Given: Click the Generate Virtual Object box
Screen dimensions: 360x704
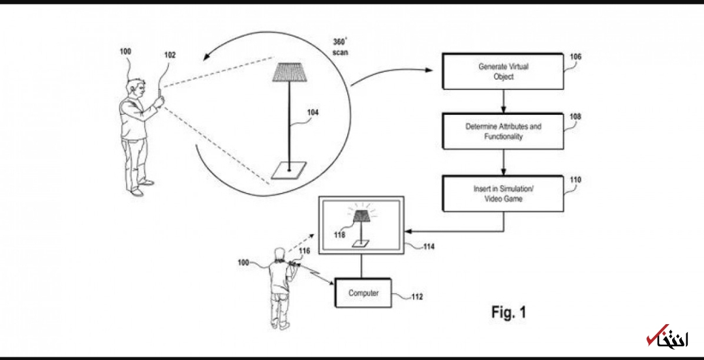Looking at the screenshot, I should tap(503, 71).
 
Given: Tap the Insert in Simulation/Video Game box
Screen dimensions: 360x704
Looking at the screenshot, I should tap(503, 194).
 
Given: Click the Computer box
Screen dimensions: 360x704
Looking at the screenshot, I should tap(363, 293).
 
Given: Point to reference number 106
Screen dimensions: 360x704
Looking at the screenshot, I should tap(575, 57).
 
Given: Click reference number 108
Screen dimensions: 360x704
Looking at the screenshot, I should tap(575, 117).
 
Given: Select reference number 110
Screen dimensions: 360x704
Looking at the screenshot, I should tap(575, 179).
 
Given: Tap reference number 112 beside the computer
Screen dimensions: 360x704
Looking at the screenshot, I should tap(416, 297).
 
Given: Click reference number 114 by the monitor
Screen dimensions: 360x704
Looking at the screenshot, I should tap(429, 247).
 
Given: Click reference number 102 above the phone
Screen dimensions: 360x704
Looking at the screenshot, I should tap(170, 55).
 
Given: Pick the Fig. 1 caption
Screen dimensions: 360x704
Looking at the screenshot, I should tap(508, 312).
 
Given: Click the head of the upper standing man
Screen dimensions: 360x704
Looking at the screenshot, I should tap(136, 86).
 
